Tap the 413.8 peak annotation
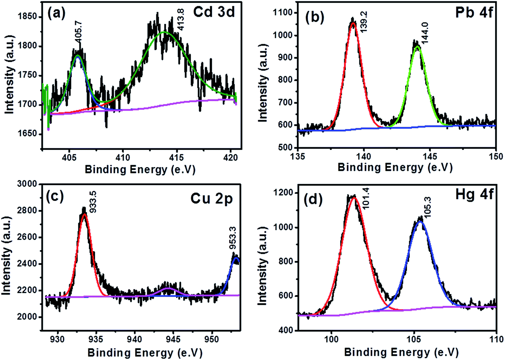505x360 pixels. (181, 20)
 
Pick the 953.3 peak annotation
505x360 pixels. (233, 240)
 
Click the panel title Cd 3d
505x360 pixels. (214, 12)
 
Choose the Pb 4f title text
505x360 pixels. (474, 12)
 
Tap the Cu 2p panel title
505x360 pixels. (212, 198)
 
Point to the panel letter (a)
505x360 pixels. (57, 14)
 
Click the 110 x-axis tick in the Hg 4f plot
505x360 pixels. (496, 339)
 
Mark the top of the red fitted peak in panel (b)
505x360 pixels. (353, 24)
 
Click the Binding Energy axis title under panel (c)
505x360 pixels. (145, 353)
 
